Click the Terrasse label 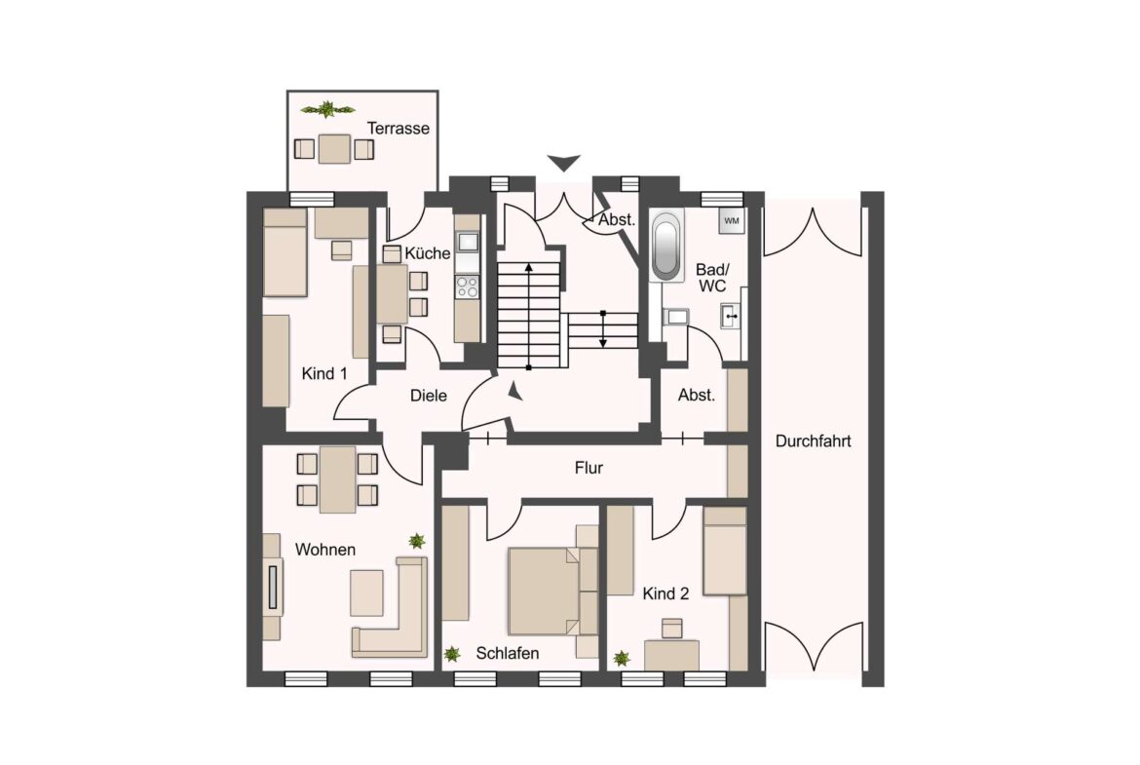pyautogui.click(x=399, y=129)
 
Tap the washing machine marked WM pyautogui.click(x=732, y=221)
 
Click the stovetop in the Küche pyautogui.click(x=467, y=287)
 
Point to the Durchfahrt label pyautogui.click(x=813, y=441)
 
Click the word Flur pyautogui.click(x=589, y=468)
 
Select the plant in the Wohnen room pyautogui.click(x=417, y=540)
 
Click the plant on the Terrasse pyautogui.click(x=326, y=109)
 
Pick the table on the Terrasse pyautogui.click(x=335, y=148)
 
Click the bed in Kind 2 pyautogui.click(x=724, y=552)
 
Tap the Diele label pyautogui.click(x=428, y=396)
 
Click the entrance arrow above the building pyautogui.click(x=563, y=163)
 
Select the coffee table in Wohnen pyautogui.click(x=367, y=593)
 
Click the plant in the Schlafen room pyautogui.click(x=452, y=655)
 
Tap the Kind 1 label pyautogui.click(x=322, y=373)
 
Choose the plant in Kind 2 pyautogui.click(x=622, y=659)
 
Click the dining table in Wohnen pyautogui.click(x=337, y=478)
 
